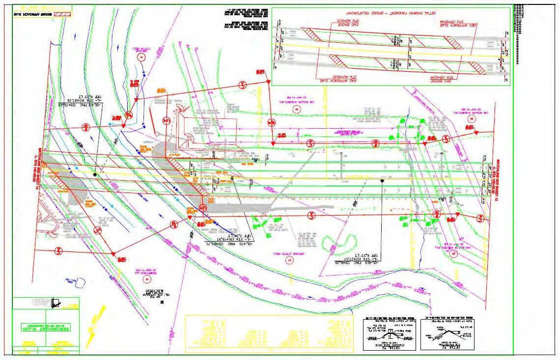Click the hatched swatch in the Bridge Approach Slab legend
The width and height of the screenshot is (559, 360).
click(64, 14)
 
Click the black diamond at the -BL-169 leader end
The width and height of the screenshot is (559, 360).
click(382, 181)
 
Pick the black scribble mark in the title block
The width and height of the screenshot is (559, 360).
click(56, 304)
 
